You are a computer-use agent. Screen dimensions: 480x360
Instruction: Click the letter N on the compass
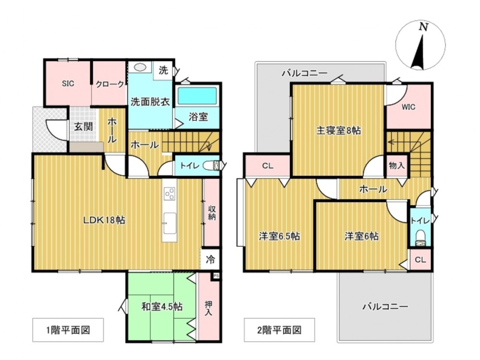(x=423, y=27)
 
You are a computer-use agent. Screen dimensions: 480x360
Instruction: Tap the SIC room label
(x=68, y=83)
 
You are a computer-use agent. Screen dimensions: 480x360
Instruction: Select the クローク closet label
(x=110, y=84)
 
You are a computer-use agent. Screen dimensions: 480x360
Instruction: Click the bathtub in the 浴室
(x=197, y=96)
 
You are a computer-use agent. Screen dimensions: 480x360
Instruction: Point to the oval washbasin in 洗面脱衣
(x=140, y=67)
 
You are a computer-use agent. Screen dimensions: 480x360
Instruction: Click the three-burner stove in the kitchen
(x=169, y=193)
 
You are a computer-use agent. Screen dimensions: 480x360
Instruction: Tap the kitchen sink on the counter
(x=169, y=223)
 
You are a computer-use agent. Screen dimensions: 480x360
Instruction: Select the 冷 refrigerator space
(x=210, y=260)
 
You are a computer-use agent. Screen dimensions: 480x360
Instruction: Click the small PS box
(x=216, y=276)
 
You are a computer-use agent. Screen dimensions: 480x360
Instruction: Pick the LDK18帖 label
(x=105, y=220)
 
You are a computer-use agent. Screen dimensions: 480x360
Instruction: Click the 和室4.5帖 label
(x=162, y=306)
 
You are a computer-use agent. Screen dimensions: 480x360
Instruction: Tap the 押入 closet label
(x=208, y=308)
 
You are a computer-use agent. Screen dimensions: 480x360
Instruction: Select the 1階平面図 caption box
(x=68, y=330)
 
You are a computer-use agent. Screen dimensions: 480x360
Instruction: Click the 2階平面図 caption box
(x=279, y=330)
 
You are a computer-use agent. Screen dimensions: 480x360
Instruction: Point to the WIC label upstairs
(x=408, y=107)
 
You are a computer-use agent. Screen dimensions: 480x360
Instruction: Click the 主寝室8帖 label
(x=338, y=131)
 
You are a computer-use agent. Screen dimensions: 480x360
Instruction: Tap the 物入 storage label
(x=397, y=166)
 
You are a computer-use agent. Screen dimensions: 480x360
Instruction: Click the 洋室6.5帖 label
(x=279, y=236)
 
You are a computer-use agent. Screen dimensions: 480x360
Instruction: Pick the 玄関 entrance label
(x=84, y=126)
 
